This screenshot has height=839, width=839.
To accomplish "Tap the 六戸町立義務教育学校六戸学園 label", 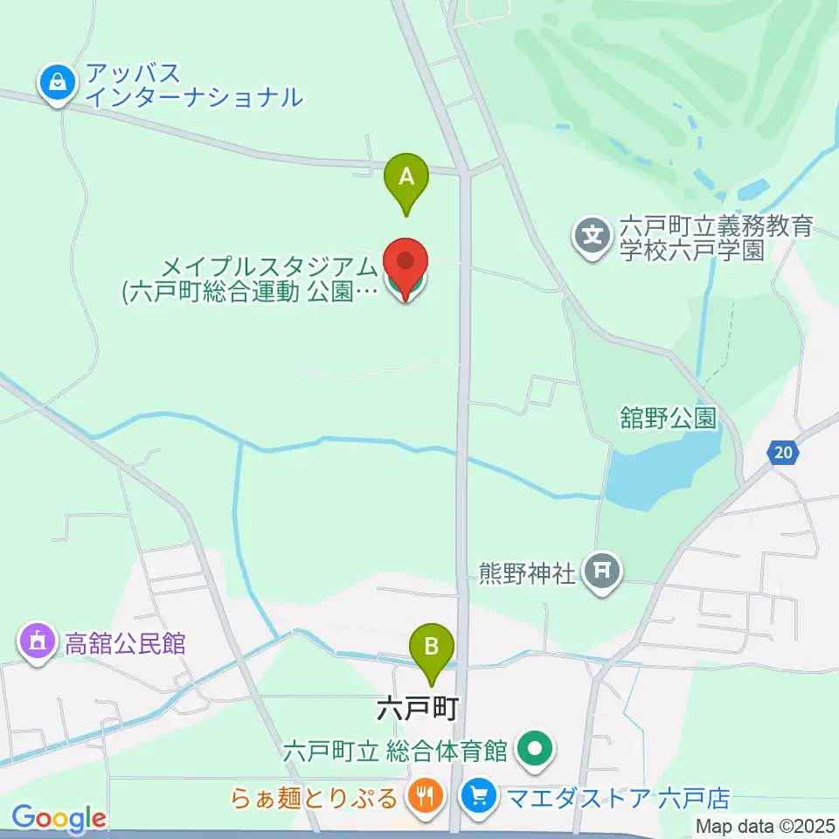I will (x=716, y=239).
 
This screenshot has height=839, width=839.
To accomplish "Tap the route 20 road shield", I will (x=784, y=452).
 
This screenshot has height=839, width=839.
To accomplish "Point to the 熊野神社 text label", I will (x=528, y=573).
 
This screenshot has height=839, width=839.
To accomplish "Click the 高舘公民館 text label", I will (x=125, y=644).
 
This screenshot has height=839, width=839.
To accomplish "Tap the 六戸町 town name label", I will (x=418, y=708).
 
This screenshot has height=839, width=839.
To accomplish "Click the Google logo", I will (x=59, y=819).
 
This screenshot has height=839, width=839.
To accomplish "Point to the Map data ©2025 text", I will (x=765, y=824).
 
